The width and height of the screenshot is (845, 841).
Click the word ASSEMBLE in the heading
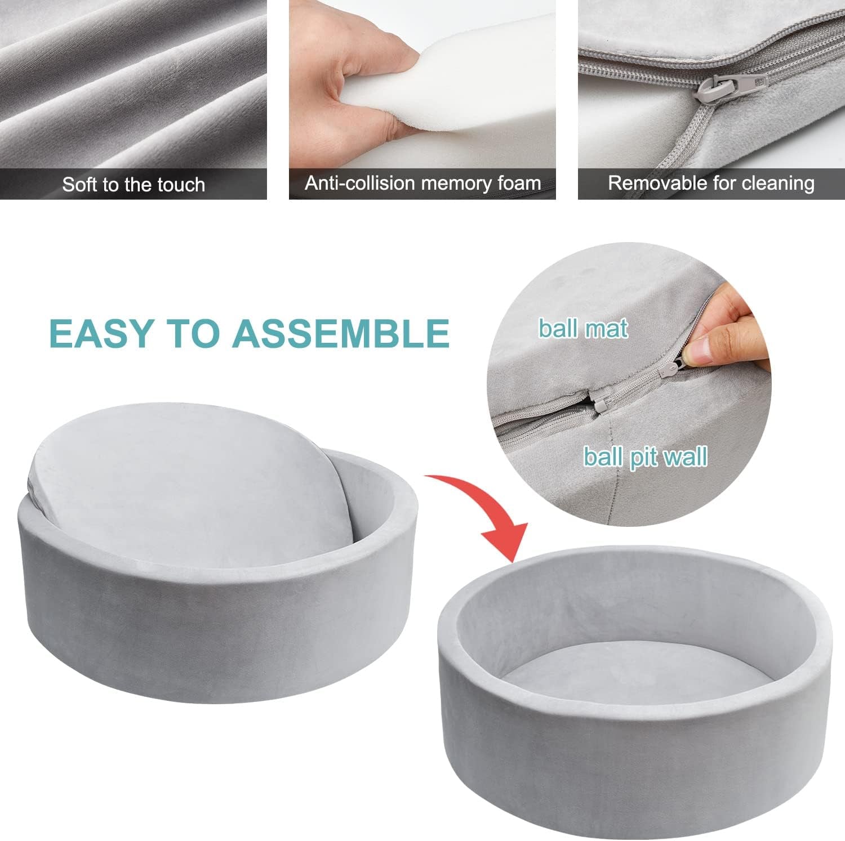tap(341, 333)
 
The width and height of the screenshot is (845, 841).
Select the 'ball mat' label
tap(582, 329)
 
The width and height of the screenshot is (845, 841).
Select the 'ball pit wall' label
tap(645, 457)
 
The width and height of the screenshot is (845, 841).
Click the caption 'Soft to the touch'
tap(134, 185)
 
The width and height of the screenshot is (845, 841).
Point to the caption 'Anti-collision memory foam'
tap(422, 183)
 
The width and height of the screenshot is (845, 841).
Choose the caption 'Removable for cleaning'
tap(711, 183)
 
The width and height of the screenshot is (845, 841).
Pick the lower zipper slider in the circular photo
tap(601, 401)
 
